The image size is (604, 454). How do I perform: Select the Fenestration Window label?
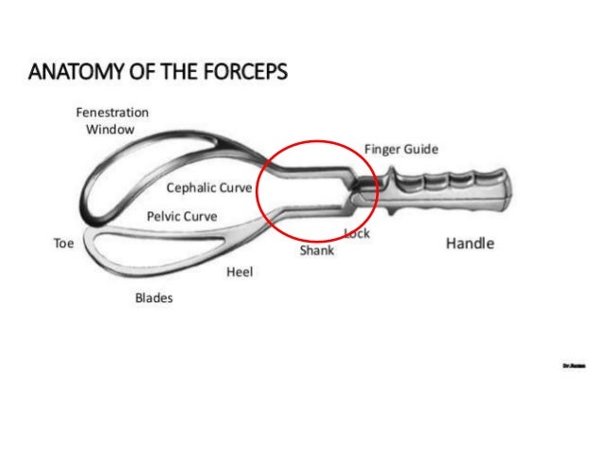click(x=112, y=120)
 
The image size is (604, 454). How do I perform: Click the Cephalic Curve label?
click(x=209, y=188)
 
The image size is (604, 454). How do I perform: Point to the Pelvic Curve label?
click(x=182, y=216)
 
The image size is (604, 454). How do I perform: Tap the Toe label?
click(x=63, y=244)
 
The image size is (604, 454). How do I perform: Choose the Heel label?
click(x=240, y=272)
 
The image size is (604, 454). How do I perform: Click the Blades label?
click(x=153, y=298)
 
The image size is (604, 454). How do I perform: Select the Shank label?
click(x=316, y=250)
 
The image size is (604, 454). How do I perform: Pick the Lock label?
click(x=357, y=233)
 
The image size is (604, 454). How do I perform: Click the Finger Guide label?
click(x=401, y=150)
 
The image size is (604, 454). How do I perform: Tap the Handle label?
click(x=470, y=244)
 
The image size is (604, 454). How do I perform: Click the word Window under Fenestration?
click(x=111, y=129)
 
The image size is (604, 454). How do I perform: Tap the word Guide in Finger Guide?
click(x=419, y=150)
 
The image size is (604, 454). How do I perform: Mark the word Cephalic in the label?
click(x=192, y=188)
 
